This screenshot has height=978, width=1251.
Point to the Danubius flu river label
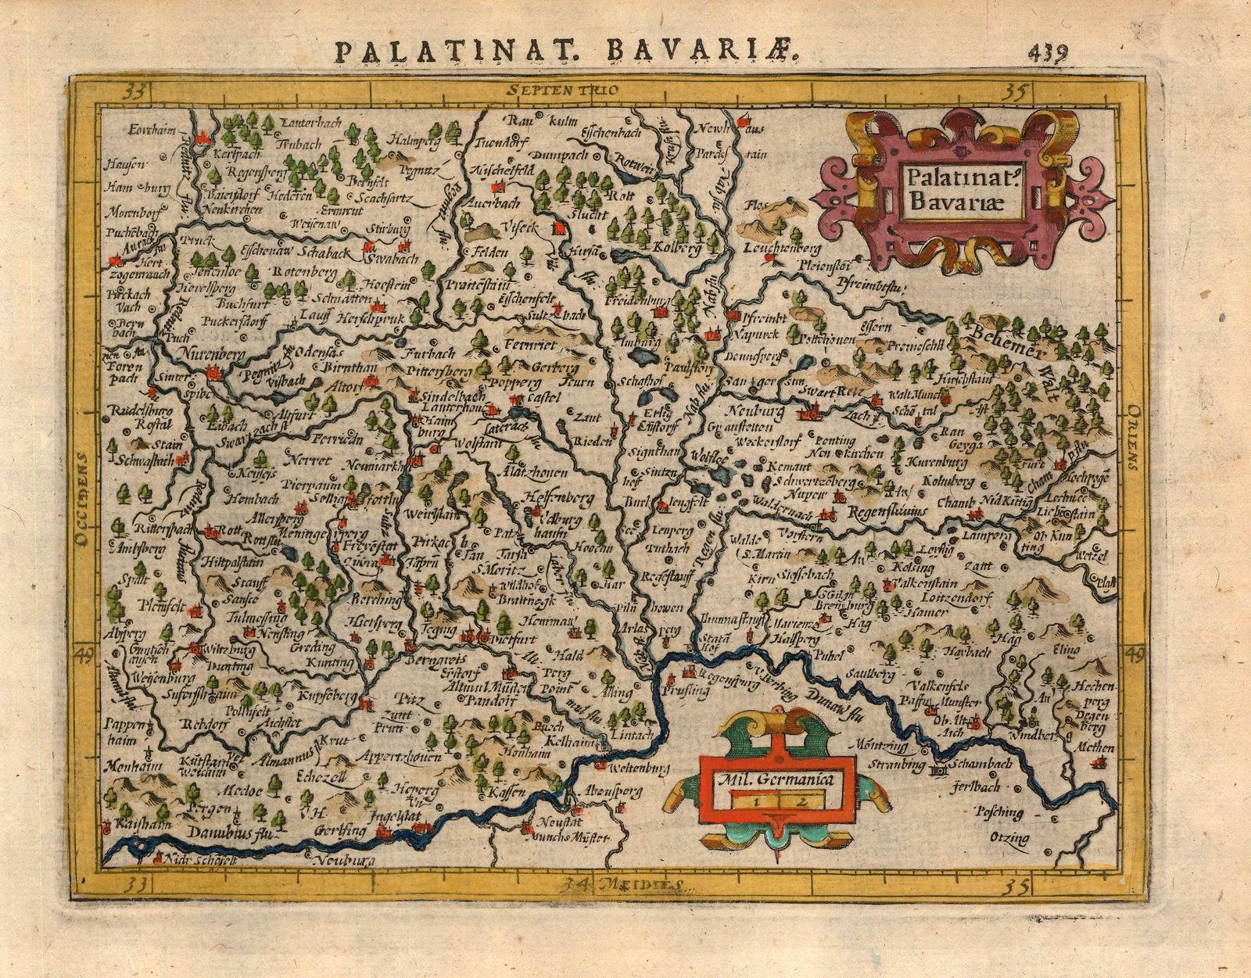231,834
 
